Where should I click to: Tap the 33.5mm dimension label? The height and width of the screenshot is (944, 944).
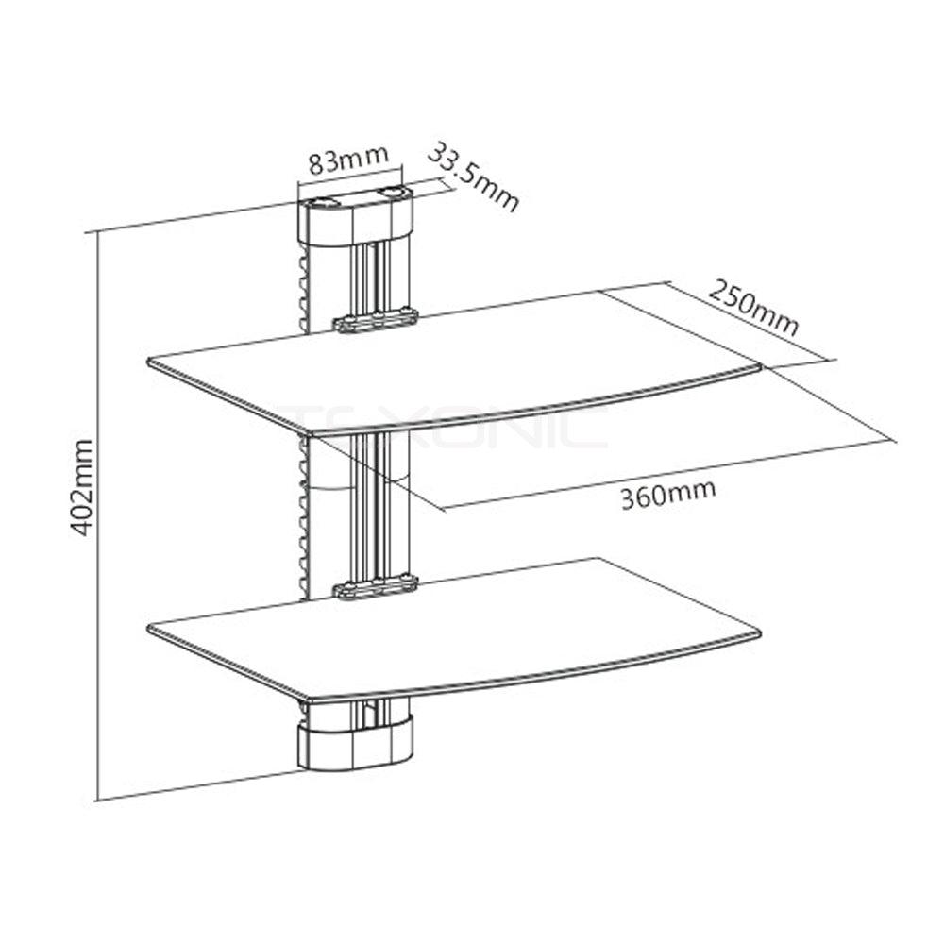(x=475, y=177)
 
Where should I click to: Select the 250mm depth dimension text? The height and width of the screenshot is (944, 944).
(x=751, y=308)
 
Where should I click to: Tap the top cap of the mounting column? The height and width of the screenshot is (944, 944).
(x=355, y=215)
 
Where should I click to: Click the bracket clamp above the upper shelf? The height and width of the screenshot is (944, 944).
(x=375, y=321)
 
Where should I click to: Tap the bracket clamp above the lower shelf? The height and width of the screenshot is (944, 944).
(x=375, y=589)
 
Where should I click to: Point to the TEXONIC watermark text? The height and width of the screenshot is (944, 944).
(x=444, y=425)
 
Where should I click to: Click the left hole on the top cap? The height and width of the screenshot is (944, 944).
(x=326, y=200)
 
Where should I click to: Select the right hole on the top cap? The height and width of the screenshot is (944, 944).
(x=390, y=194)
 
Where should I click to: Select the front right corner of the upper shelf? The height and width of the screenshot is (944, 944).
(x=759, y=366)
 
